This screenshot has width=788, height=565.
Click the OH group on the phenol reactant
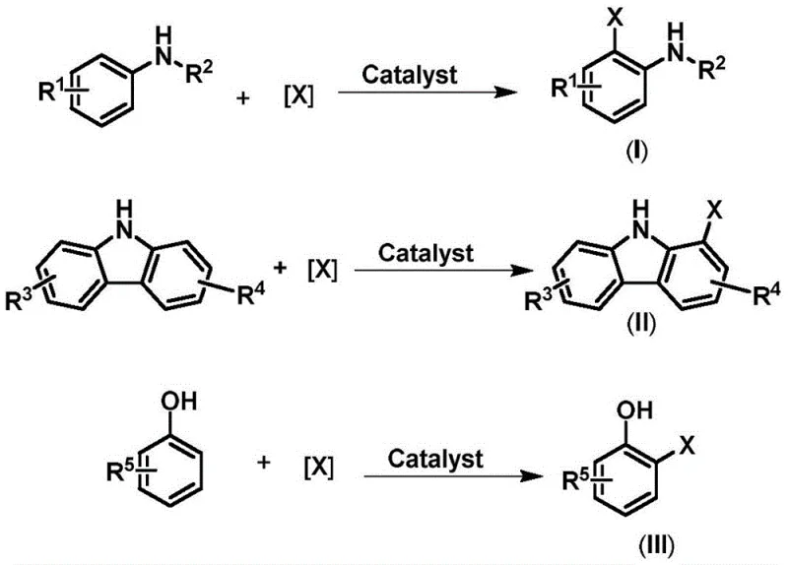(183, 403)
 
